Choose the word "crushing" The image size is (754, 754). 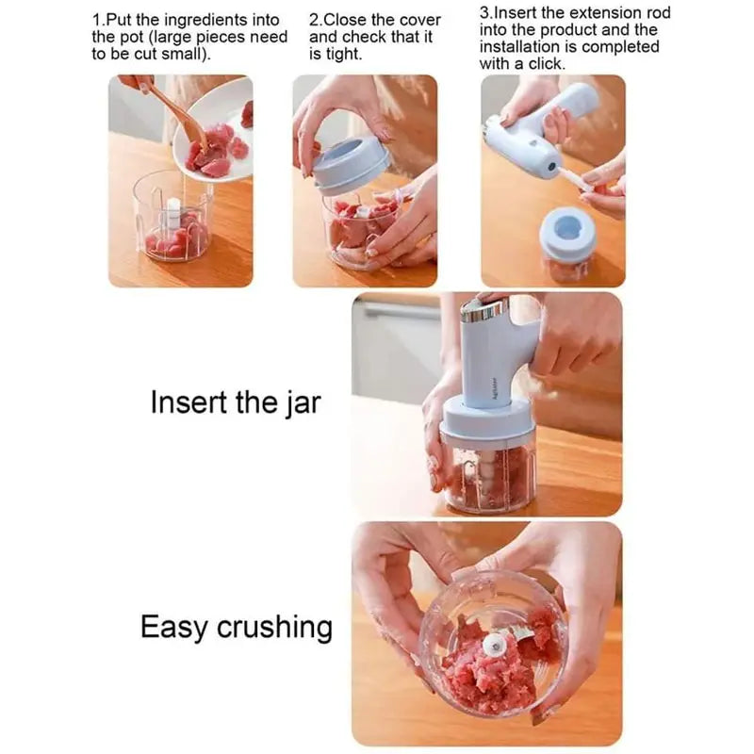(x=274, y=627)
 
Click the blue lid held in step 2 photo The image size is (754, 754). (x=351, y=165)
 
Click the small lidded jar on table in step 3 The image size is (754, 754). (x=566, y=243)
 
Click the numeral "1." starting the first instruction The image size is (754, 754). (x=98, y=19)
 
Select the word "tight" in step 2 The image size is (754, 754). (x=337, y=54)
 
